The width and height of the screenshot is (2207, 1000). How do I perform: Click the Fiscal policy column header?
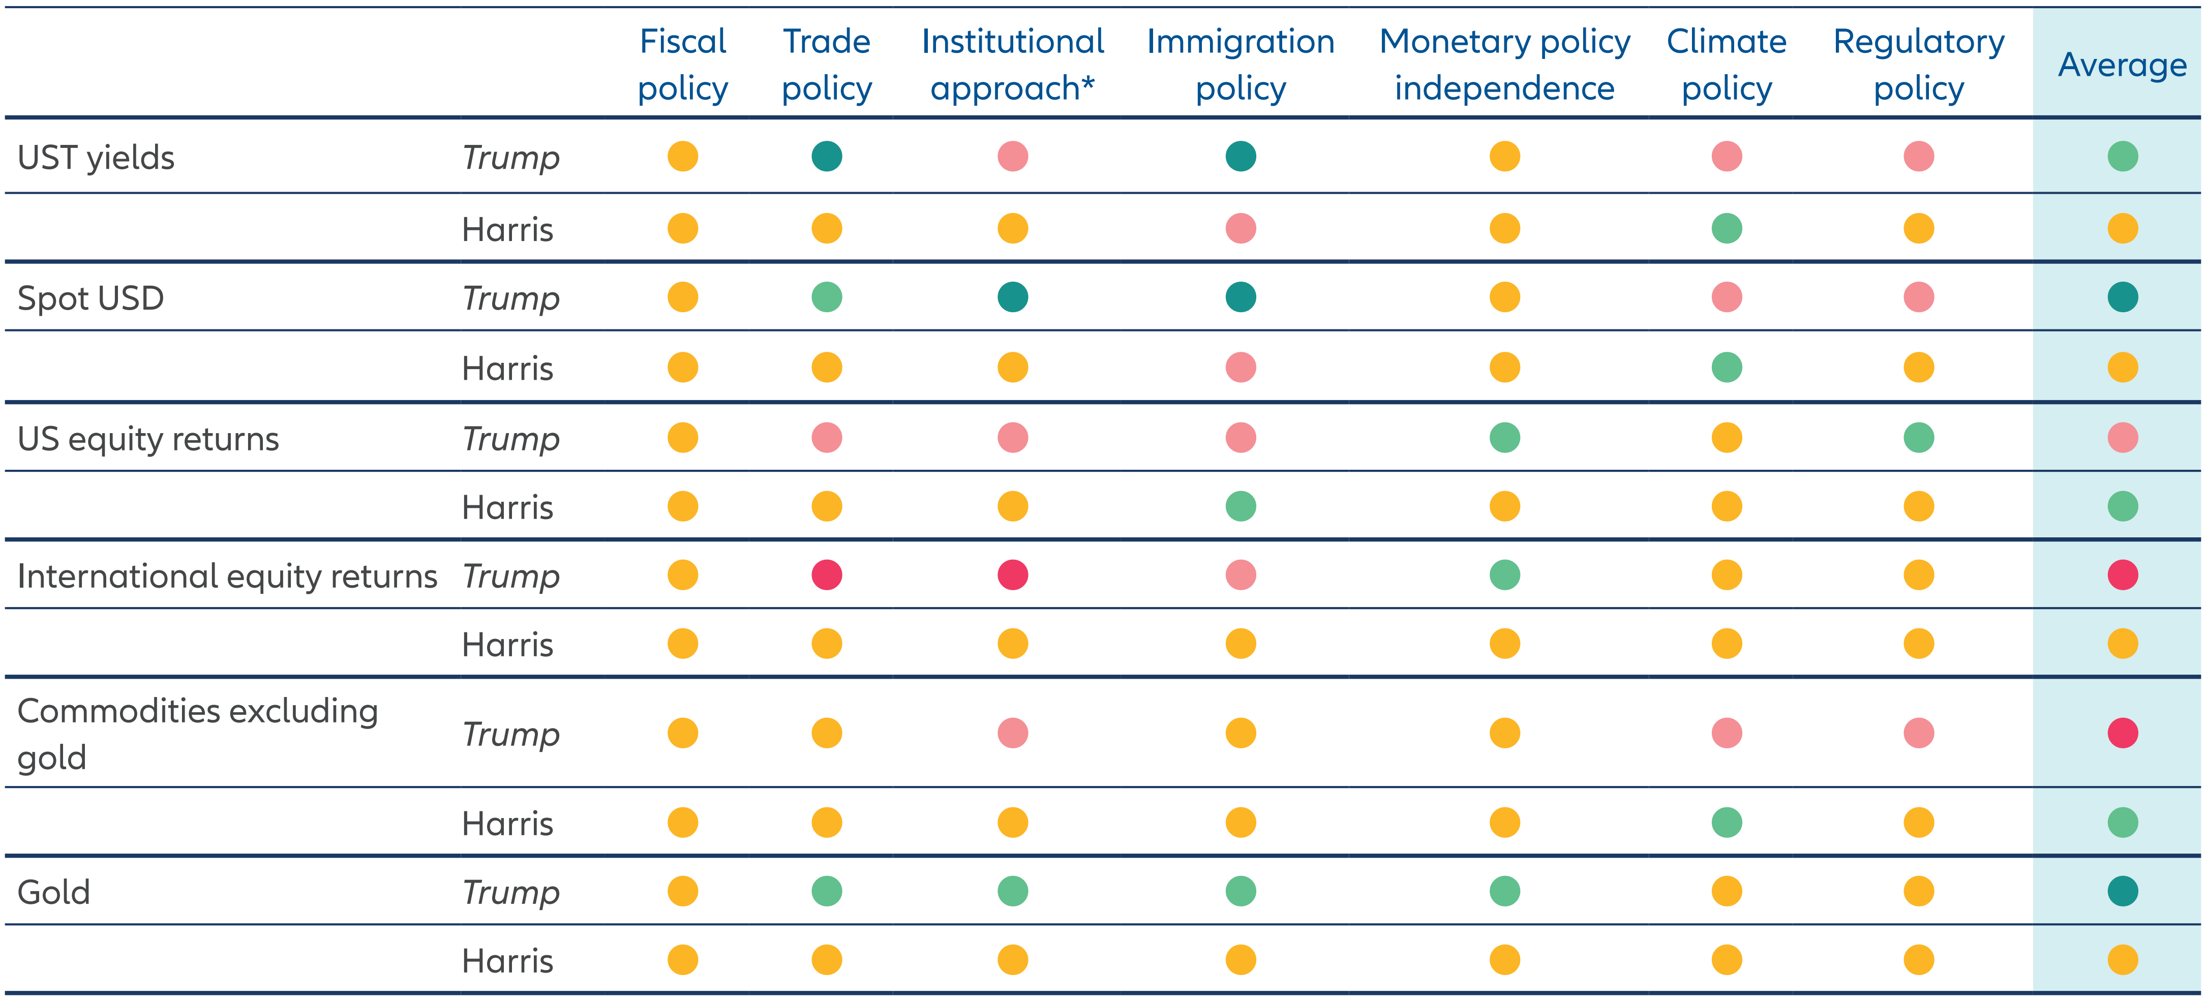pyautogui.click(x=683, y=65)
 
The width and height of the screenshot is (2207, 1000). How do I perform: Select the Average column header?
pyautogui.click(x=2122, y=65)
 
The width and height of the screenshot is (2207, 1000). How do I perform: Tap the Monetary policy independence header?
pyautogui.click(x=1504, y=65)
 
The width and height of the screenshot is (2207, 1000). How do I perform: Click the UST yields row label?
pyautogui.click(x=96, y=158)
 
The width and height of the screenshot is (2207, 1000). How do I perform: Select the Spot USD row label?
pyautogui.click(x=91, y=298)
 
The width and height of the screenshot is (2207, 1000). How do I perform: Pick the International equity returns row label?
pyautogui.click(x=227, y=576)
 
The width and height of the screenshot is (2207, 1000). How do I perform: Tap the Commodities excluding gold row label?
pyautogui.click(x=197, y=734)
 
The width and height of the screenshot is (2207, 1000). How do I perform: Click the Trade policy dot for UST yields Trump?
pyautogui.click(x=827, y=157)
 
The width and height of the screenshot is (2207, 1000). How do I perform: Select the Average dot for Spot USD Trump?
pyautogui.click(x=2122, y=297)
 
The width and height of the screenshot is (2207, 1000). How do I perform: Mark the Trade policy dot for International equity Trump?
pyautogui.click(x=827, y=575)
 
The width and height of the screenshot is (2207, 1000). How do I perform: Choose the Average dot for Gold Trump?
pyautogui.click(x=2122, y=891)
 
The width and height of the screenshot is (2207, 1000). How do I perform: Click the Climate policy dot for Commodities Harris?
pyautogui.click(x=1727, y=823)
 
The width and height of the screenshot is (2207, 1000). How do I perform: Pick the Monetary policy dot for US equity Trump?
pyautogui.click(x=1504, y=438)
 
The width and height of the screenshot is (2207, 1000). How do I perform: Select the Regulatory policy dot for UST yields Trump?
pyautogui.click(x=1918, y=157)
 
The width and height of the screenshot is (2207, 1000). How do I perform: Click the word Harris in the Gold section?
pyautogui.click(x=507, y=960)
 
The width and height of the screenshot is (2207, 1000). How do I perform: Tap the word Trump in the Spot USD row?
pyautogui.click(x=510, y=298)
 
